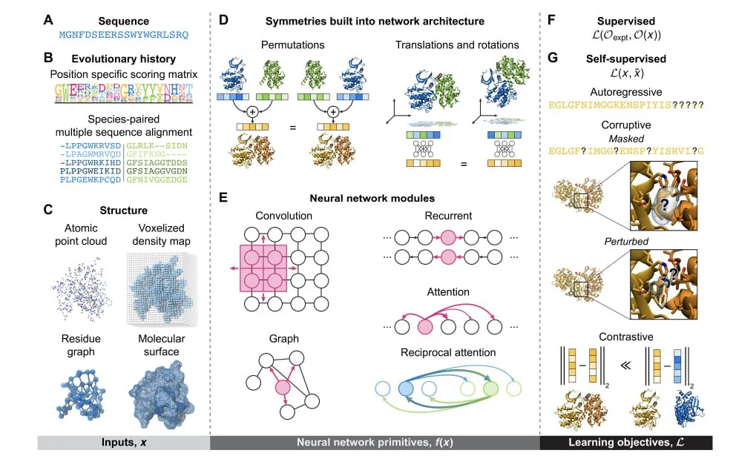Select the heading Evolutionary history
point(121,59)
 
